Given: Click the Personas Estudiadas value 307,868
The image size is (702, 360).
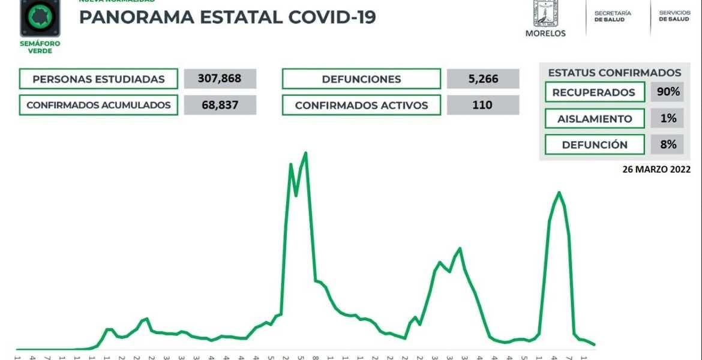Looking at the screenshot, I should pos(220,79).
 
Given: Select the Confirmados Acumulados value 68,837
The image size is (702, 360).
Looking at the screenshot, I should pos(220,105).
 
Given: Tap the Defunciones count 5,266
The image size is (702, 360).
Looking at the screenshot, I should pos(482,79).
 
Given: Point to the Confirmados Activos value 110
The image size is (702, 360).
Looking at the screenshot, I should pos(482,105).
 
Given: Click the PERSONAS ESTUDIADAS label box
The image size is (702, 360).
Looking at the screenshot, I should pos(98,79).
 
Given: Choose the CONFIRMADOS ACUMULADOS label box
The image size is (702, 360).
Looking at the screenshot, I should pos(98,105).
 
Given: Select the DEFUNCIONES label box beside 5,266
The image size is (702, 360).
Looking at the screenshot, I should pos(361,79).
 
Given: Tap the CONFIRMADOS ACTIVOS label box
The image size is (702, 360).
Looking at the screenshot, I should pos(361,105).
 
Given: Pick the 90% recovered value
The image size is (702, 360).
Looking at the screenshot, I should pos(667,92).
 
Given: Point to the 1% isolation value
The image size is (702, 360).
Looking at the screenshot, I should pos(667,118).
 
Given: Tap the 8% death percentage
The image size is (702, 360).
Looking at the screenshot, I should pos(667,145).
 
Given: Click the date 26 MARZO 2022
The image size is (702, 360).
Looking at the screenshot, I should pos(656,169).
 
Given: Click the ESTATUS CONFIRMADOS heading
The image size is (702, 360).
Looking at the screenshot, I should pos(614,73).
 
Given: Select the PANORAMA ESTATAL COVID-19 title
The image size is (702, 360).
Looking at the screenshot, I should pos(227,17).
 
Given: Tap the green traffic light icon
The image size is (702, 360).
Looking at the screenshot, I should pos(40,17).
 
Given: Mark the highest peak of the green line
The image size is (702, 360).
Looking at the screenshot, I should pos(306,153).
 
